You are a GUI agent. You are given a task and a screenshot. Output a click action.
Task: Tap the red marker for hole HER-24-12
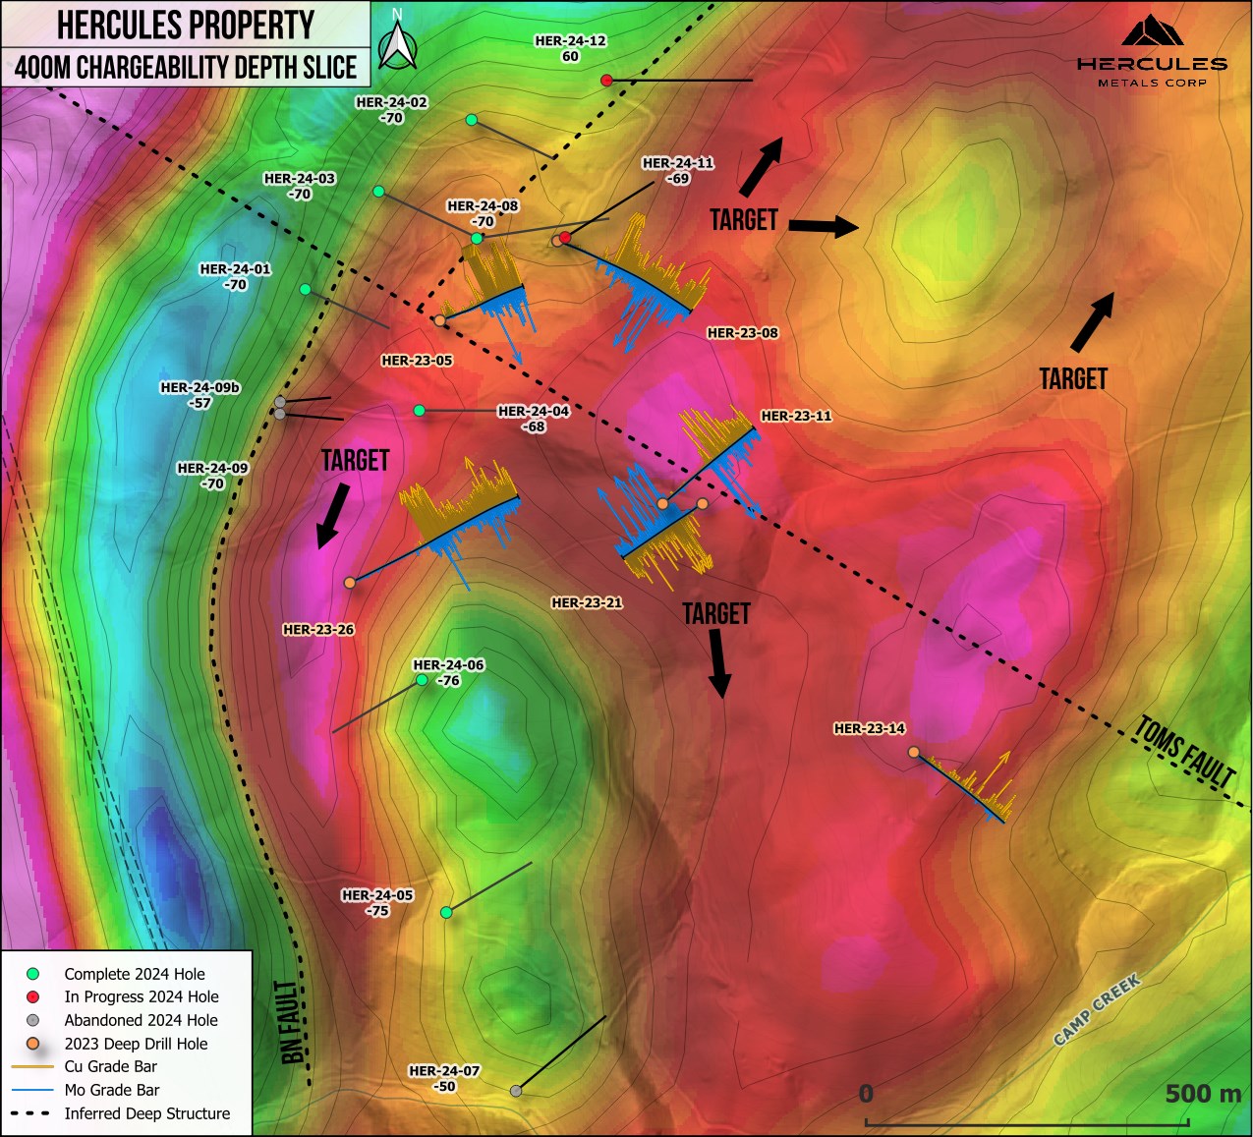(607, 80)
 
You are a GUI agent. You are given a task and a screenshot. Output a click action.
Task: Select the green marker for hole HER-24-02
(472, 120)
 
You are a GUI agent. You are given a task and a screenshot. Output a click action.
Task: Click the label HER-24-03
(300, 179)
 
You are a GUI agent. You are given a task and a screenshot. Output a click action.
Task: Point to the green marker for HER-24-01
(306, 289)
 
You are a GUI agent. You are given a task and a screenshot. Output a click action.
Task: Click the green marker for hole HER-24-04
(420, 410)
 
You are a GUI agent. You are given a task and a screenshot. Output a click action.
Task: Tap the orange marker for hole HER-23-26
(350, 583)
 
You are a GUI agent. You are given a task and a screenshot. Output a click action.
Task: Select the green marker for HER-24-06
(422, 680)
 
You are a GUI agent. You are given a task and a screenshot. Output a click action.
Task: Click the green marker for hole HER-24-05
(446, 913)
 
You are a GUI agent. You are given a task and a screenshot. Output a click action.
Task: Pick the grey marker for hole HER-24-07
(516, 1091)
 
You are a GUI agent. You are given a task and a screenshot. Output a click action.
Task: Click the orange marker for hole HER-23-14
(913, 752)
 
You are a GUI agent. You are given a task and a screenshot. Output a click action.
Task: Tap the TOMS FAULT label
(1185, 752)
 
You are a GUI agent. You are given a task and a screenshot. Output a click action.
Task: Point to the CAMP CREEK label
(1097, 1010)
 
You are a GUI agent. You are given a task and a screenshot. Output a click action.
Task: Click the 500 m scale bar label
(1202, 1094)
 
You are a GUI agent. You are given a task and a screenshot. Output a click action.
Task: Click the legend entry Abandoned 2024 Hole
(141, 1020)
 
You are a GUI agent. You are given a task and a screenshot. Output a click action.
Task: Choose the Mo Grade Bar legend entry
(111, 1090)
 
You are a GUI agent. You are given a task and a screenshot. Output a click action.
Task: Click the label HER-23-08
(742, 333)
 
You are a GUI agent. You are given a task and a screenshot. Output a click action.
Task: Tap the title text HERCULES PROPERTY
(186, 25)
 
